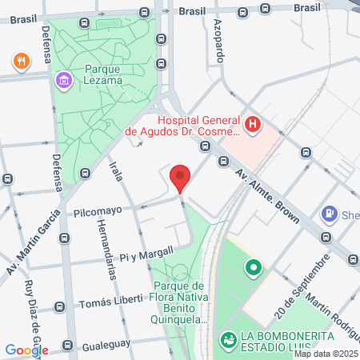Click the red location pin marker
181,178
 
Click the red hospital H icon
253,124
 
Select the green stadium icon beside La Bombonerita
228,341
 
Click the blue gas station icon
328,214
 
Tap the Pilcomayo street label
97,212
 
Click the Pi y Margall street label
146,254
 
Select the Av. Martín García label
32,242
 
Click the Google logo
26,350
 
